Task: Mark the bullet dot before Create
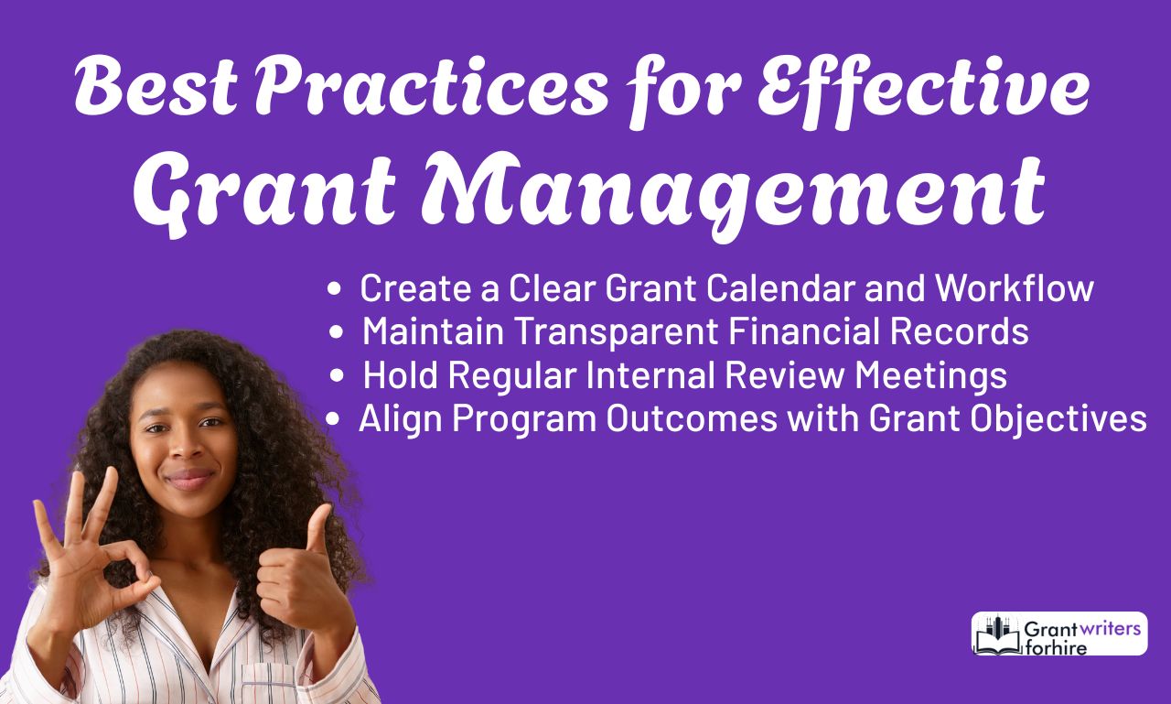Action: pos(336,289)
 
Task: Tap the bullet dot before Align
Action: pos(336,420)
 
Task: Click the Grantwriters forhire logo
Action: pos(1059,634)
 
